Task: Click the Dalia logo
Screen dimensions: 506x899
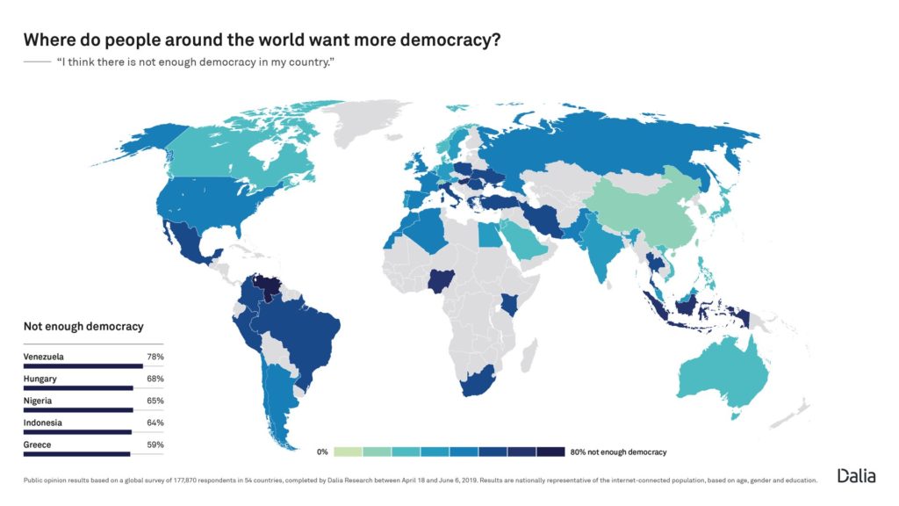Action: [x=856, y=475]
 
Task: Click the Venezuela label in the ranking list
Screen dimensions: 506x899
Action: [x=45, y=357]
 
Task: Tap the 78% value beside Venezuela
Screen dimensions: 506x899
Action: [x=155, y=357]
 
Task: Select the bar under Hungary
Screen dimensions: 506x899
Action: [x=78, y=387]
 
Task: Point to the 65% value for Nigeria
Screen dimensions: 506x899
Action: [x=155, y=401]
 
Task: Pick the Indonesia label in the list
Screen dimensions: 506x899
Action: [x=43, y=423]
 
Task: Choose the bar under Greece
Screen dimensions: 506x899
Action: [x=76, y=454]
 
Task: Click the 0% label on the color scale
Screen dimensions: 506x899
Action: [x=322, y=452]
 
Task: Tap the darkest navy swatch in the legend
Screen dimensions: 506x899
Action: [x=550, y=452]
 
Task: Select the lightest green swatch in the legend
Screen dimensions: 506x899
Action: [x=348, y=452]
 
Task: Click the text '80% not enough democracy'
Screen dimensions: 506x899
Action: [x=618, y=452]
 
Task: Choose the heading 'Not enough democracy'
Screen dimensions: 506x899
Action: [x=83, y=327]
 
